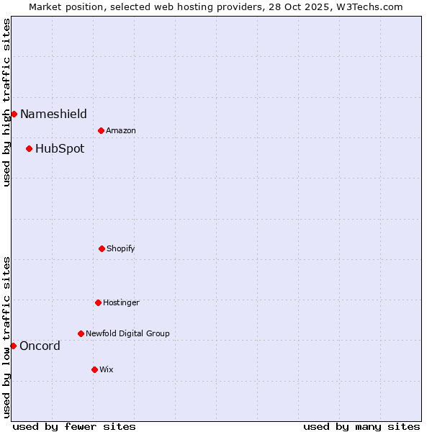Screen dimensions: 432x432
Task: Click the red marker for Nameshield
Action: pos(14,114)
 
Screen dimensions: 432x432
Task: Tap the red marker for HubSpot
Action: pos(29,148)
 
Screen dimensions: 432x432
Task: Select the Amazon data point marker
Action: pos(101,130)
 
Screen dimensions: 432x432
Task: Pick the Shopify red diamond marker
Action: pos(102,248)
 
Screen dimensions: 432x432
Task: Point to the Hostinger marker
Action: pos(98,302)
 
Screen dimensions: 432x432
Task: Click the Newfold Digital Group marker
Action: pos(81,333)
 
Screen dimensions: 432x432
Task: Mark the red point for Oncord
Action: pos(13,346)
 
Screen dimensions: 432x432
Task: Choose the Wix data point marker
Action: pos(94,369)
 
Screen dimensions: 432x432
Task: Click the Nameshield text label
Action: pos(53,114)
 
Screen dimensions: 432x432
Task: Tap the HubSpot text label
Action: pos(60,149)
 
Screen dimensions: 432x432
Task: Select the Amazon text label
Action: pos(121,131)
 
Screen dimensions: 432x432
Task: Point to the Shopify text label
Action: pos(121,249)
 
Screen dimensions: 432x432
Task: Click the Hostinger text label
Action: pos(121,303)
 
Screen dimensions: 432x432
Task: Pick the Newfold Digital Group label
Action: pos(127,334)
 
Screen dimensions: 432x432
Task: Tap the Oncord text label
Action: pos(40,346)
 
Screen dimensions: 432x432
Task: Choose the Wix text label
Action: pos(107,370)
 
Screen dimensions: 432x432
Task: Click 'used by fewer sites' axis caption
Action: pos(74,426)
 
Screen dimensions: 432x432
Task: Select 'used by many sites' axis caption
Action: pos(361,426)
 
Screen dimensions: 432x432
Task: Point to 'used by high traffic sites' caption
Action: pos(6,103)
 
